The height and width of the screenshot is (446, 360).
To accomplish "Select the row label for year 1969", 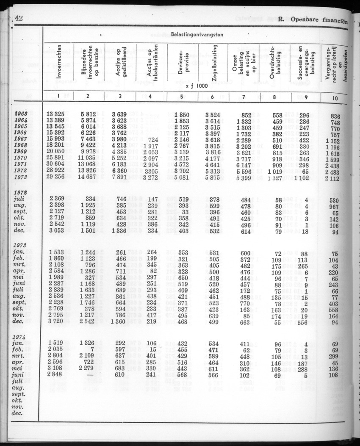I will (x=20, y=151).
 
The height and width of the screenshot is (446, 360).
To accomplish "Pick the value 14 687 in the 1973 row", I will (x=90, y=177).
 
